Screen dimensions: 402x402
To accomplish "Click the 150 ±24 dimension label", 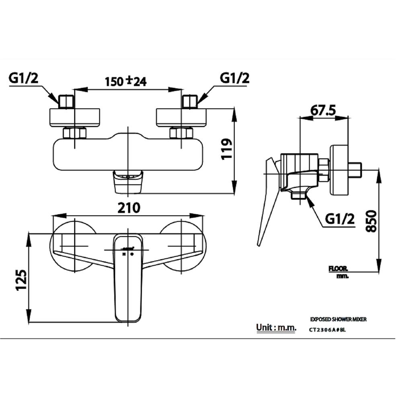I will pos(125,81).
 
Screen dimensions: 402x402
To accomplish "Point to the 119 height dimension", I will pos(227,150).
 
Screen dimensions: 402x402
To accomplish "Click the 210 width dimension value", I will pos(129,208).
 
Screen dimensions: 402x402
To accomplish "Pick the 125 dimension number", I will pos(22,279).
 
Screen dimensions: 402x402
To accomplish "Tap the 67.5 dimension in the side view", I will pos(324,110).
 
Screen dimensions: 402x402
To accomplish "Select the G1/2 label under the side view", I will pos(340,219).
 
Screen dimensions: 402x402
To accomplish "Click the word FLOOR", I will pos(338,269).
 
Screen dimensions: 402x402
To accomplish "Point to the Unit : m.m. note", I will pos(276,328).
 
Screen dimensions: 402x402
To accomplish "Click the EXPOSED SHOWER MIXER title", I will pos(338,319).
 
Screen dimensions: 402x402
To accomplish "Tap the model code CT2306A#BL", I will pos(327,330).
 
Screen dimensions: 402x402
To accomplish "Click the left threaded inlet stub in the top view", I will pos(66,101).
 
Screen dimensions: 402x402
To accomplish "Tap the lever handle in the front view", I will pos(129,281).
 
